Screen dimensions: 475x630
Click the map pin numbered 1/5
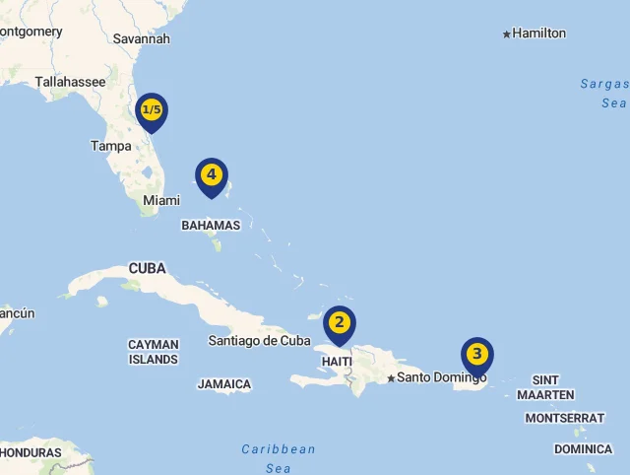point(152,110)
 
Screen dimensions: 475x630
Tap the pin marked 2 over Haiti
point(339,322)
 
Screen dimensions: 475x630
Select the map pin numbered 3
point(477,354)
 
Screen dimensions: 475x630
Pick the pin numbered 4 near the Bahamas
point(211,175)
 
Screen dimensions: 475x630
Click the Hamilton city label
point(539,34)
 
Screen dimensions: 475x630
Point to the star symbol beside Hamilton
point(507,34)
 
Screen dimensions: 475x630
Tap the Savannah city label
point(142,38)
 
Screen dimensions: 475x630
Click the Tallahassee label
point(70,82)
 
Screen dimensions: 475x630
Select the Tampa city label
point(110,146)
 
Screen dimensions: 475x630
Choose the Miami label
point(161,200)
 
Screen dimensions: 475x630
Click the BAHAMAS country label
point(211,225)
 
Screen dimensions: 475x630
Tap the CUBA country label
point(147,268)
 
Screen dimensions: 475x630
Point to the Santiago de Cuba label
point(259,341)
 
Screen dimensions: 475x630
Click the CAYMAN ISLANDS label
point(154,352)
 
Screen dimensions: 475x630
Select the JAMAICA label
point(224,384)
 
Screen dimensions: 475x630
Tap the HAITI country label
point(337,362)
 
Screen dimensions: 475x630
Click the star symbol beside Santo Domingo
point(391,378)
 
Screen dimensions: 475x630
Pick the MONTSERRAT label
point(565,418)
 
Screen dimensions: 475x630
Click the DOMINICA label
point(583,449)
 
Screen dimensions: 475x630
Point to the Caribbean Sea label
point(279,458)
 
